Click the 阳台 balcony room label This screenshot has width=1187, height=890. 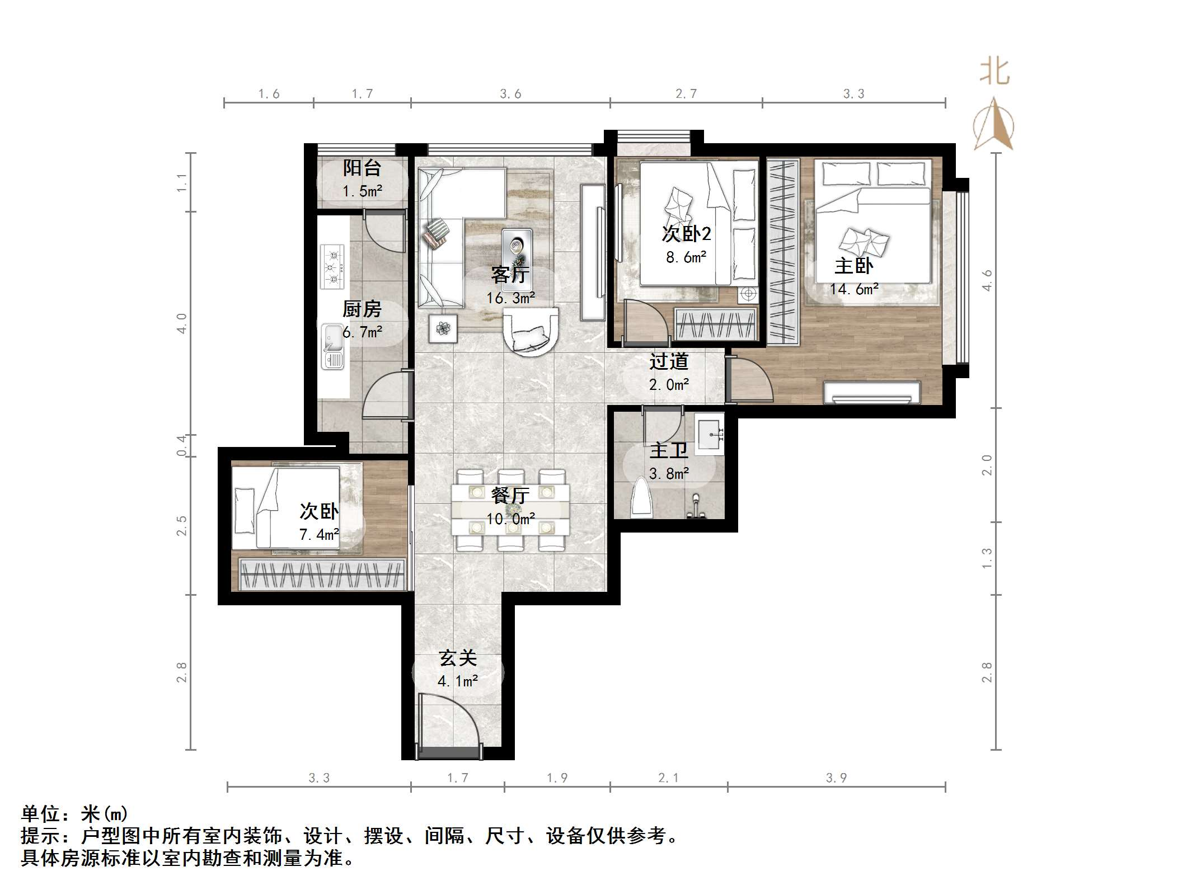(x=362, y=167)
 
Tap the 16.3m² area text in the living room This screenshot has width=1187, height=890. (x=510, y=298)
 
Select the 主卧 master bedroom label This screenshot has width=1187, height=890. (x=853, y=266)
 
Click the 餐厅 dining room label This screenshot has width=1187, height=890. (x=510, y=496)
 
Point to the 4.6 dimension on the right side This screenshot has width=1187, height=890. (x=987, y=280)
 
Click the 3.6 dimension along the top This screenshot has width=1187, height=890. (x=510, y=94)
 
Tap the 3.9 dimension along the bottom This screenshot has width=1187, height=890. (x=836, y=778)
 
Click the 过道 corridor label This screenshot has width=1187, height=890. (x=668, y=361)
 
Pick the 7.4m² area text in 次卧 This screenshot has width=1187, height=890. (x=319, y=535)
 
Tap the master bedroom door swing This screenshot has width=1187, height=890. (x=750, y=380)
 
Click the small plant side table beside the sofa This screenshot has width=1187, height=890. (x=443, y=328)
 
